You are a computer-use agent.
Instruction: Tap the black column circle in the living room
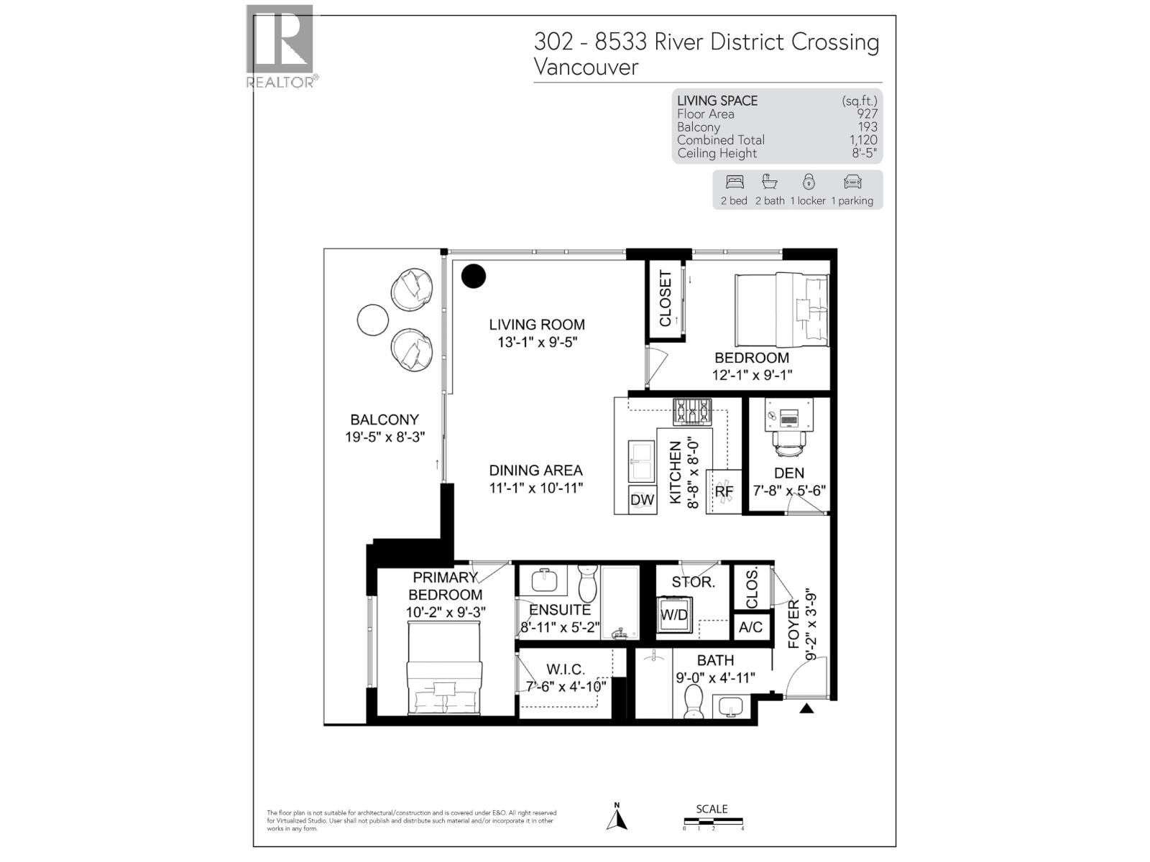474,276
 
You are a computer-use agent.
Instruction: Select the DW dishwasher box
642,500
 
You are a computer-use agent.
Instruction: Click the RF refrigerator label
724,492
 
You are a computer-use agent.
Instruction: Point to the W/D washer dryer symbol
674,615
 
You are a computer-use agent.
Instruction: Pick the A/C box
751,627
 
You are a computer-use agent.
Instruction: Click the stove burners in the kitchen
691,412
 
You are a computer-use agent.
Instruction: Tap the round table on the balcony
372,320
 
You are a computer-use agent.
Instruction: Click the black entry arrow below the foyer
806,708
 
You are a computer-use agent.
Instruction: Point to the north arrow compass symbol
617,817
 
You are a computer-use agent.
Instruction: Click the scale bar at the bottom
713,822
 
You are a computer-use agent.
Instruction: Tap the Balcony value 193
868,127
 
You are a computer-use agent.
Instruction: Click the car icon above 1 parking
852,182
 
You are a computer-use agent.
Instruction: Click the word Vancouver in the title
586,68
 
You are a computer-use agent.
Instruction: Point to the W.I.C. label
566,669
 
